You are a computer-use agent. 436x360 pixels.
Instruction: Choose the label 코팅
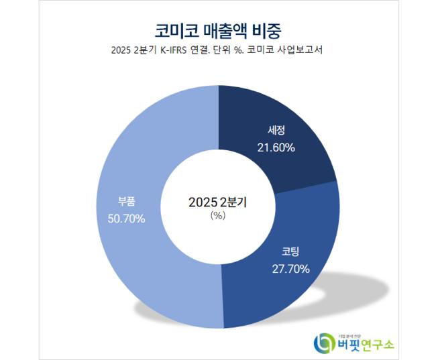pyautogui.click(x=290, y=252)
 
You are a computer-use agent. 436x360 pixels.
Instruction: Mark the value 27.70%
pyautogui.click(x=290, y=269)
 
